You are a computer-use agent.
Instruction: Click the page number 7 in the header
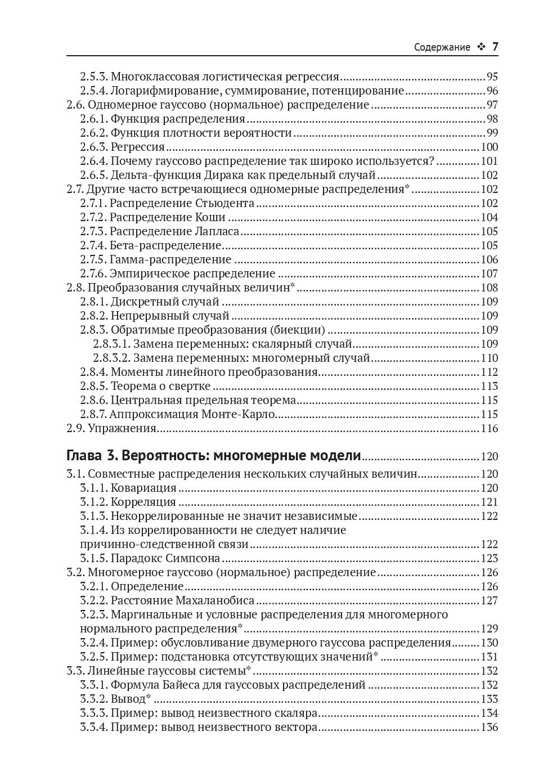495,47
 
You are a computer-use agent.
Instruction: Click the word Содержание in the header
442,47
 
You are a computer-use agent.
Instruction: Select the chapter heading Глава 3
92,455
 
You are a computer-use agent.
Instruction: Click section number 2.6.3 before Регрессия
93,147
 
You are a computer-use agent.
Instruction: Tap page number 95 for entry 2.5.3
492,77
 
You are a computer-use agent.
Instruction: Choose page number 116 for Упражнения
489,429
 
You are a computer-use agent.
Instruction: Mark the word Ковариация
143,488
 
